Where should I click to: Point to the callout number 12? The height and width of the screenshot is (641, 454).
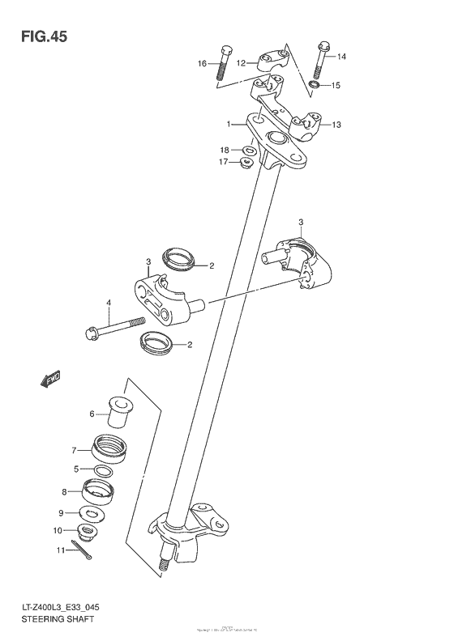(242, 62)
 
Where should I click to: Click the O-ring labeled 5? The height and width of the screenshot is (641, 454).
(103, 470)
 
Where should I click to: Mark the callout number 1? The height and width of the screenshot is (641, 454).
(230, 124)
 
